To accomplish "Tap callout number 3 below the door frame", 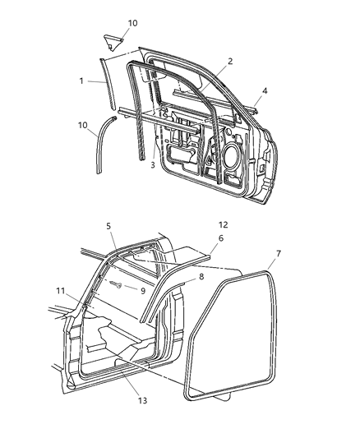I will coord(152,164).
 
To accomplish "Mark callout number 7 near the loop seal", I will coord(279,253).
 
